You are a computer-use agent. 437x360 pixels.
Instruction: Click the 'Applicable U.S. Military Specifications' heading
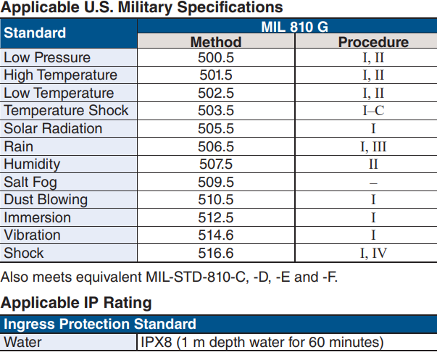point(142,8)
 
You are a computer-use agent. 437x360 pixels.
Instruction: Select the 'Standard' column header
point(35,33)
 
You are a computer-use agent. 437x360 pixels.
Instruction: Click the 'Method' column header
point(215,42)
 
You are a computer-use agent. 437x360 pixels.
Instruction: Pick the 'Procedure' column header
point(373,42)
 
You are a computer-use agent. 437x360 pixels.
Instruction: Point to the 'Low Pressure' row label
point(47,58)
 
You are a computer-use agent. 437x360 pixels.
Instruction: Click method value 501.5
point(215,75)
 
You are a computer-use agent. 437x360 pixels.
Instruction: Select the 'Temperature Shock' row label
point(66,111)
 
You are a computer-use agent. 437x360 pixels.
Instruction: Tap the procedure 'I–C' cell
point(373,111)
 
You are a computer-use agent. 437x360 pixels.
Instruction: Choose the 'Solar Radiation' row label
point(53,129)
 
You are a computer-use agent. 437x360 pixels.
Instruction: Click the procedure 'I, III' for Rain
point(373,146)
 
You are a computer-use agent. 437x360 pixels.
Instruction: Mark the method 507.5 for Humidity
point(215,164)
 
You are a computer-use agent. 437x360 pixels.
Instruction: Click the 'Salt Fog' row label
point(30,182)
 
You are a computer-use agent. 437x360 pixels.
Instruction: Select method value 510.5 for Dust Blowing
point(215,200)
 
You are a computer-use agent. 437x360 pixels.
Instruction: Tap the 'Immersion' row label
point(37,217)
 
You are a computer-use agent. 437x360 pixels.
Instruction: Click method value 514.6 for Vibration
point(215,235)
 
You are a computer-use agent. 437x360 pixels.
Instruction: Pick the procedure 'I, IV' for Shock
point(373,253)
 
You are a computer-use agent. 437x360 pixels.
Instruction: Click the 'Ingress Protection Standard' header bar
point(100,324)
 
